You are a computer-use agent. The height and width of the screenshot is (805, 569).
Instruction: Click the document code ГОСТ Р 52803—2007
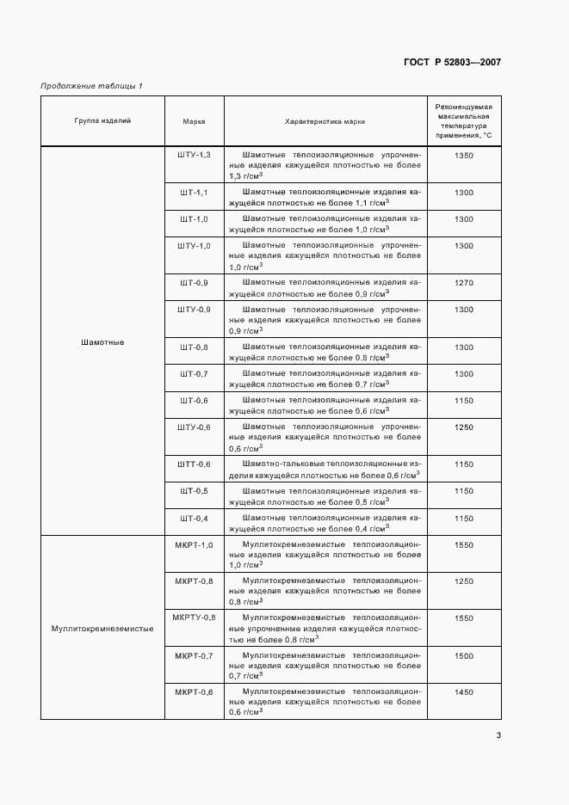tap(452, 62)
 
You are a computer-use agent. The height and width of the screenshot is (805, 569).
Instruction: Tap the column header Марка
tap(194, 121)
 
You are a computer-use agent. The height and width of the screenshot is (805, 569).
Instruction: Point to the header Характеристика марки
tap(325, 121)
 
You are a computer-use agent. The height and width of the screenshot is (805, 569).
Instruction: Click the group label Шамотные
tap(102, 342)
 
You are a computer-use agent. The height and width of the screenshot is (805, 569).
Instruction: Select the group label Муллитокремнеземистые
tap(102, 629)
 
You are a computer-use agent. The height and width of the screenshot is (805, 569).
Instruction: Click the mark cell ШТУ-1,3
tap(194, 155)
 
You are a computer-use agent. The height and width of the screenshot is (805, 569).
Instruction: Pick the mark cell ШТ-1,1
tap(194, 193)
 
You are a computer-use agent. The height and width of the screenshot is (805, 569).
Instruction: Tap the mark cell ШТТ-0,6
tap(194, 464)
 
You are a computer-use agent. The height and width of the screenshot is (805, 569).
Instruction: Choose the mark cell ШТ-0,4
tap(194, 518)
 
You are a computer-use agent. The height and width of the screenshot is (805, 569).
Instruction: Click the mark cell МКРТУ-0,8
tap(194, 618)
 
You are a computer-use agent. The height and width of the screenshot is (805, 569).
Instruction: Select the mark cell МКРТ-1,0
tap(194, 544)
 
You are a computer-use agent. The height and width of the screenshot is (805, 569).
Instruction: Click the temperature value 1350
tap(463, 155)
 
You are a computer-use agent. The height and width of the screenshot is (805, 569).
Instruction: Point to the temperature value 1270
tap(463, 283)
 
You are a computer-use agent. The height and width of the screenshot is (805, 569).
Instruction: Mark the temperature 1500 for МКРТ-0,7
tap(463, 655)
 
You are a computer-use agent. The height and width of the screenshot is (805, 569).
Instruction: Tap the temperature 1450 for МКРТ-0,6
tap(463, 692)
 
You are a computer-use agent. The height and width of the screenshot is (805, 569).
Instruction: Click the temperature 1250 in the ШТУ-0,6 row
tap(463, 427)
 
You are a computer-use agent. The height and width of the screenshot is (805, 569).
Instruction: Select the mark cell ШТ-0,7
tap(194, 374)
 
